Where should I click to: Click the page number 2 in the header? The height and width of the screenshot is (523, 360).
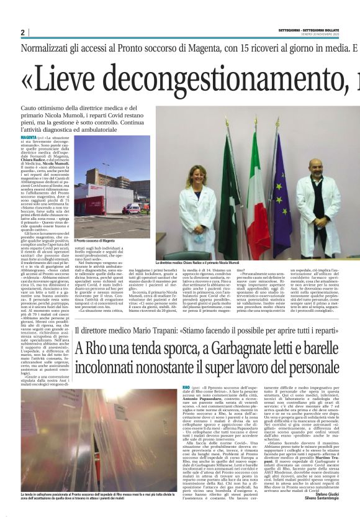[x=22, y=32]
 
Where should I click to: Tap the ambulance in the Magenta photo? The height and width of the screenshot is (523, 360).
[x=132, y=208]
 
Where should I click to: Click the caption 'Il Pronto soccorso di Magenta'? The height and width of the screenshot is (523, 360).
[x=94, y=240]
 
